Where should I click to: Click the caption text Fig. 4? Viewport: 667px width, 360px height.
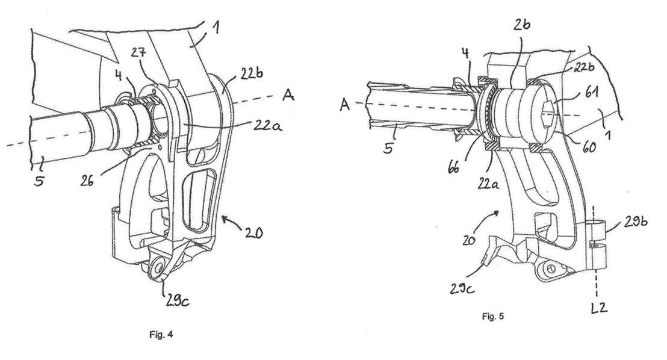(x=161, y=335)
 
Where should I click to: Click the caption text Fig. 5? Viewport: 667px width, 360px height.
(x=493, y=317)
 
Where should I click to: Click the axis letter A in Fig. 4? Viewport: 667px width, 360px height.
(x=288, y=95)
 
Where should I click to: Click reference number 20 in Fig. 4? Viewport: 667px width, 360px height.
(x=253, y=232)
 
